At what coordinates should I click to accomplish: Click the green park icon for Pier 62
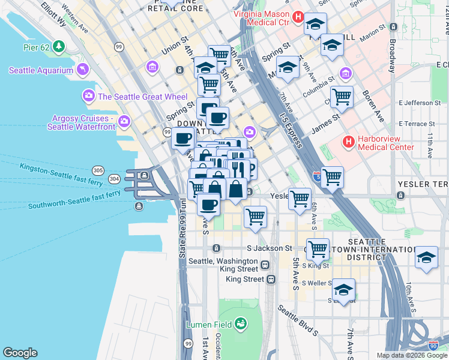(x=58, y=46)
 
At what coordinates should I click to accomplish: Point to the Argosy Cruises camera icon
(x=124, y=121)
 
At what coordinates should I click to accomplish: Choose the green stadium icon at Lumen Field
(x=241, y=324)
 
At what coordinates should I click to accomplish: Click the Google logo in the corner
(x=20, y=353)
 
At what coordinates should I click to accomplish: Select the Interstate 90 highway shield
(x=433, y=346)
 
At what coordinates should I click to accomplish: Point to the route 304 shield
(x=114, y=179)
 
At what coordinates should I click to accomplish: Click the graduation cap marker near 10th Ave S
(x=426, y=257)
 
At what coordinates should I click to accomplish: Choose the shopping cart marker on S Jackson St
(x=317, y=248)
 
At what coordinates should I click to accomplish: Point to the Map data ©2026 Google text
(x=411, y=355)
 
